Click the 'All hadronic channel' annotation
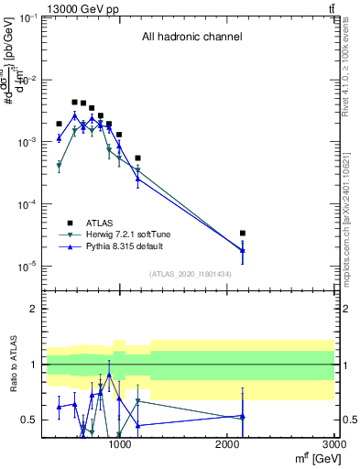click(191, 38)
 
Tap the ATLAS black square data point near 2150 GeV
click(243, 234)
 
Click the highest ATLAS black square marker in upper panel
click(75, 102)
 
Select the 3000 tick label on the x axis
click(333, 445)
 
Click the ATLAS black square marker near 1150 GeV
click(137, 158)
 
